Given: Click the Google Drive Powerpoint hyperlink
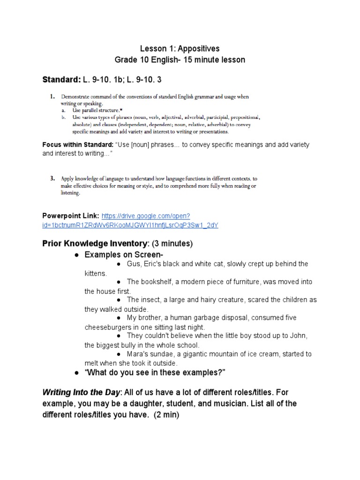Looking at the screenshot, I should [130, 220].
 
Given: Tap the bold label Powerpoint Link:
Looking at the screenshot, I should [71, 216].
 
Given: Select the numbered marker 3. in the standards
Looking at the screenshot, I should [53, 179].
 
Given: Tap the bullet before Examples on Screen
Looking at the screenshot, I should [76, 255].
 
